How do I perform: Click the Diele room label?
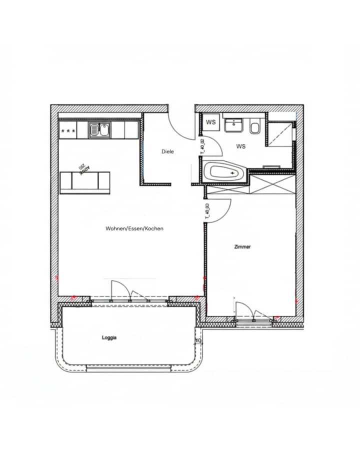(x=167, y=151)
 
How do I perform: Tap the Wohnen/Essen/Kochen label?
(x=134, y=228)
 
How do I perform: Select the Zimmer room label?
(x=242, y=247)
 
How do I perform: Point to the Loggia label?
(x=109, y=338)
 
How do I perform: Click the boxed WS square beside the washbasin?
(x=210, y=122)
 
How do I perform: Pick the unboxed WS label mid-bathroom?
(x=241, y=146)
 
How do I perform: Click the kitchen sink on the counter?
(x=100, y=130)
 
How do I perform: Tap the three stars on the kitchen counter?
(x=67, y=131)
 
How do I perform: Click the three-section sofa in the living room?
(x=85, y=181)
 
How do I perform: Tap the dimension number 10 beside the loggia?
(x=198, y=341)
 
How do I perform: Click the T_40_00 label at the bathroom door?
(x=202, y=147)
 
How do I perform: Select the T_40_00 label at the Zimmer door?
(x=207, y=211)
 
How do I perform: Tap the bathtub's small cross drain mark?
(x=232, y=172)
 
